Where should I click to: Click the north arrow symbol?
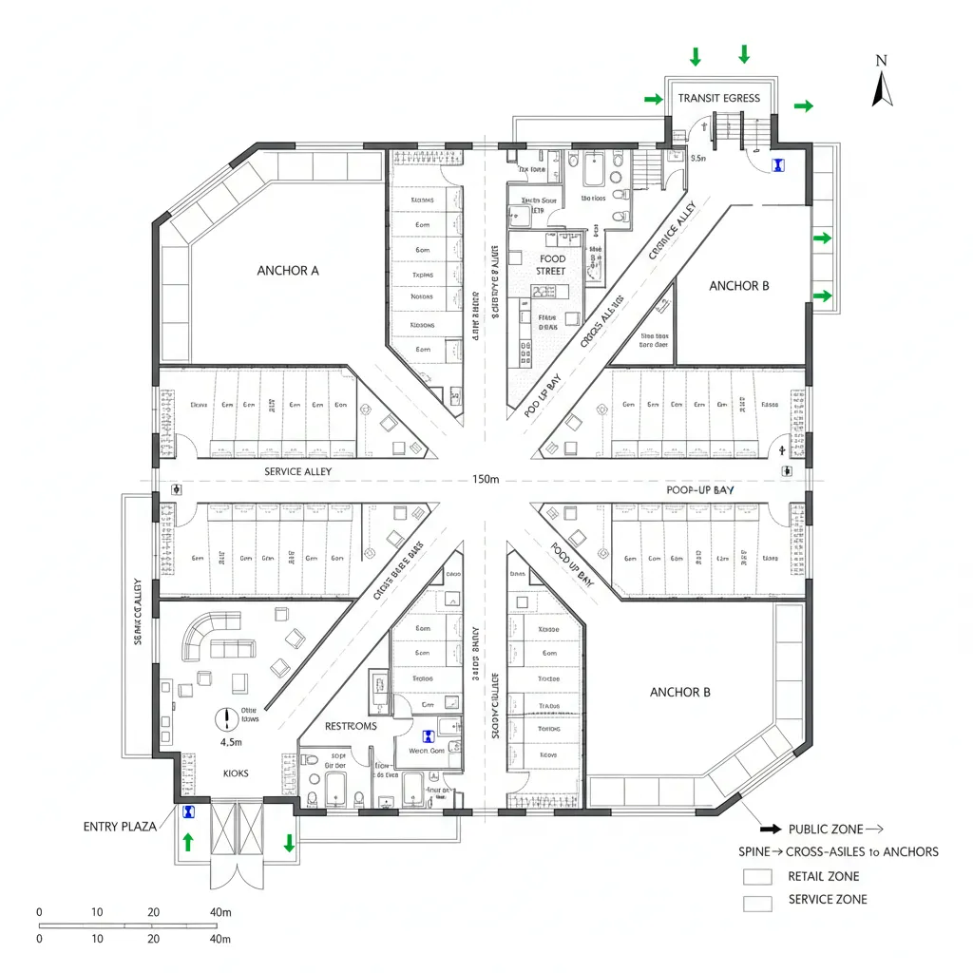click(x=882, y=88)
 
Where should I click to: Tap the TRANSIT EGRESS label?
click(x=718, y=98)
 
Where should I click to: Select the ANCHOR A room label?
click(x=288, y=271)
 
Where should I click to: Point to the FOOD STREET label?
click(x=551, y=265)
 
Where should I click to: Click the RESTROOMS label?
click(x=351, y=726)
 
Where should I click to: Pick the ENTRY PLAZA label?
click(x=120, y=827)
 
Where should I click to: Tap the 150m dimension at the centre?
click(x=485, y=480)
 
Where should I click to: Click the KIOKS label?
click(x=236, y=773)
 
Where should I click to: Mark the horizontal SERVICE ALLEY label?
click(x=296, y=471)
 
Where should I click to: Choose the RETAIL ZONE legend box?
click(x=757, y=877)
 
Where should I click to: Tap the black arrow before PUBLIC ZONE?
click(x=771, y=830)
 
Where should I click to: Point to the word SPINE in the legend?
click(x=754, y=851)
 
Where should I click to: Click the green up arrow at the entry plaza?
click(x=187, y=841)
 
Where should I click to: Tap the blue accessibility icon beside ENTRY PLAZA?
click(x=189, y=812)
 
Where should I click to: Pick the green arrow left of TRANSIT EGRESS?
click(x=653, y=99)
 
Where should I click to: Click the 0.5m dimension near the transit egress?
click(x=698, y=159)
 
